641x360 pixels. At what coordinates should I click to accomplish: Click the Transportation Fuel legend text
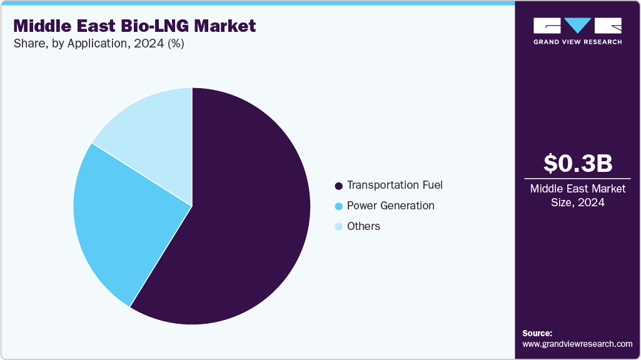coord(395,185)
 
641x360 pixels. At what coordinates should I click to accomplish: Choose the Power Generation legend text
coord(390,206)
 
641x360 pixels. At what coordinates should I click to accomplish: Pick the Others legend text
coord(363,226)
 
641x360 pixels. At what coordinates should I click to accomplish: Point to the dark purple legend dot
coord(339,186)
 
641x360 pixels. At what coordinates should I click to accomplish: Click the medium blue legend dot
coord(339,206)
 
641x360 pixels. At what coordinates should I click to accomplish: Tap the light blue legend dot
coord(339,227)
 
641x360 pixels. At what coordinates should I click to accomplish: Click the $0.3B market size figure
coord(577,163)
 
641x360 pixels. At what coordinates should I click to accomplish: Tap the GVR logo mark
coord(577,26)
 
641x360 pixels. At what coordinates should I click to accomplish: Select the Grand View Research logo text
coord(577,42)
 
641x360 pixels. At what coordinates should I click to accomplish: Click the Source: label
coord(537,333)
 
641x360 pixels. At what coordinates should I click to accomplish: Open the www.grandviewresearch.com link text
coord(577,344)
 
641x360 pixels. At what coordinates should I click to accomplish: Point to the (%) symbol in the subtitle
coord(176,44)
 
